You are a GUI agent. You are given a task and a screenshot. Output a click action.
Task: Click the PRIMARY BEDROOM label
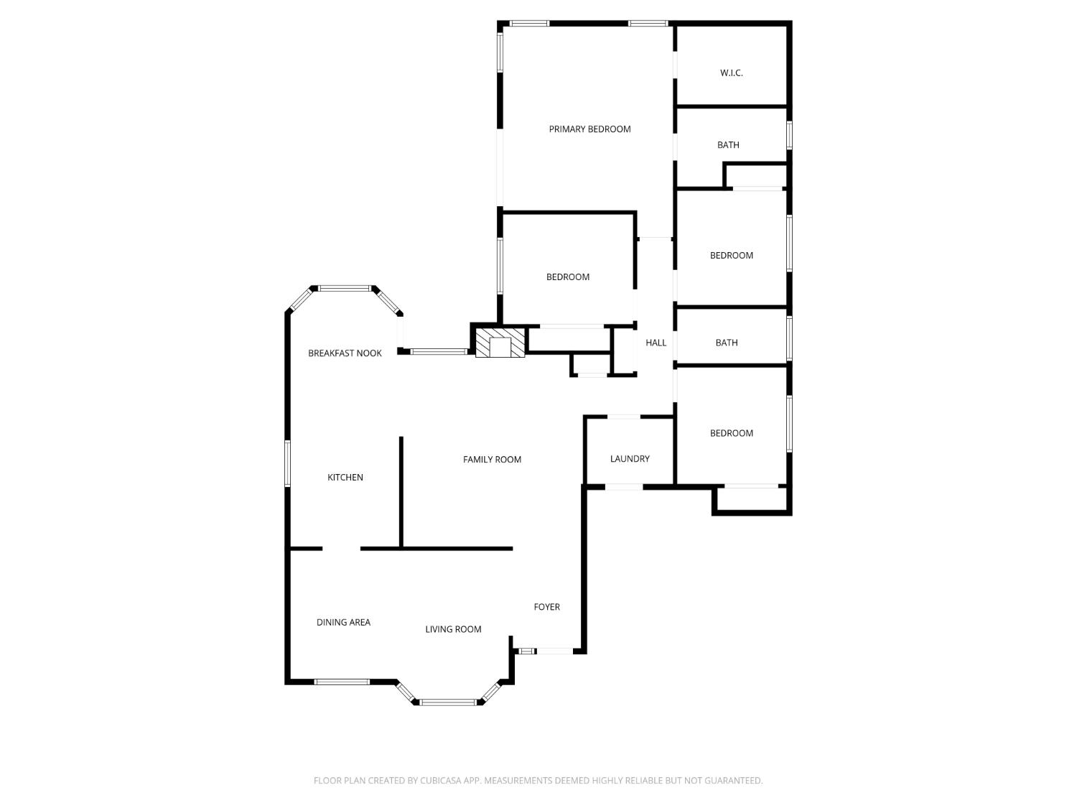click(x=589, y=129)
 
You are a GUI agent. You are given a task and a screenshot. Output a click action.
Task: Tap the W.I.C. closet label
click(x=731, y=73)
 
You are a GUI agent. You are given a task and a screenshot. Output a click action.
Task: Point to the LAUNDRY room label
click(x=630, y=459)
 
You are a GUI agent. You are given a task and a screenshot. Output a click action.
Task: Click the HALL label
click(x=656, y=343)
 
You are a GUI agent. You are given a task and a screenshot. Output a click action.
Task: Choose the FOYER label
click(x=546, y=607)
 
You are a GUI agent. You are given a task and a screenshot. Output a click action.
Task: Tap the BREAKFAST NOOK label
click(x=345, y=353)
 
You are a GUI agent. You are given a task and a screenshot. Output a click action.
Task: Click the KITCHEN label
click(x=345, y=478)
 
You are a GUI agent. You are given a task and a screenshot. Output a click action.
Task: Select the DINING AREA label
click(x=343, y=623)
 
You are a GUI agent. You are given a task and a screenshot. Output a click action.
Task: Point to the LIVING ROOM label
click(x=453, y=629)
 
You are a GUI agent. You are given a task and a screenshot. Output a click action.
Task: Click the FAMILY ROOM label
click(x=492, y=460)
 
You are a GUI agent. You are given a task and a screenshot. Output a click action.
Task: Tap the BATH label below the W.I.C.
click(x=728, y=145)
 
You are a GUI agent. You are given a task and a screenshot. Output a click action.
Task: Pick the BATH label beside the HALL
click(x=727, y=343)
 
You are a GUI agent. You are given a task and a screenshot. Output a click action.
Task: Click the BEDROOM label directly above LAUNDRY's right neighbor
click(x=731, y=433)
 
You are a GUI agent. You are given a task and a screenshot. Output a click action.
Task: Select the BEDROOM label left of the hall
click(x=568, y=277)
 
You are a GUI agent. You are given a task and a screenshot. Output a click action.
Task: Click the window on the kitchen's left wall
click(x=287, y=463)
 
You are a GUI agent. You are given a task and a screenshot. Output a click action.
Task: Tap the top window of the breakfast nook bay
click(x=345, y=288)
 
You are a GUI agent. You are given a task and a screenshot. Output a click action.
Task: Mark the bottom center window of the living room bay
click(x=448, y=702)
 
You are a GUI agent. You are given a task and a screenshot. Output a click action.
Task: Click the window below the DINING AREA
click(x=342, y=682)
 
